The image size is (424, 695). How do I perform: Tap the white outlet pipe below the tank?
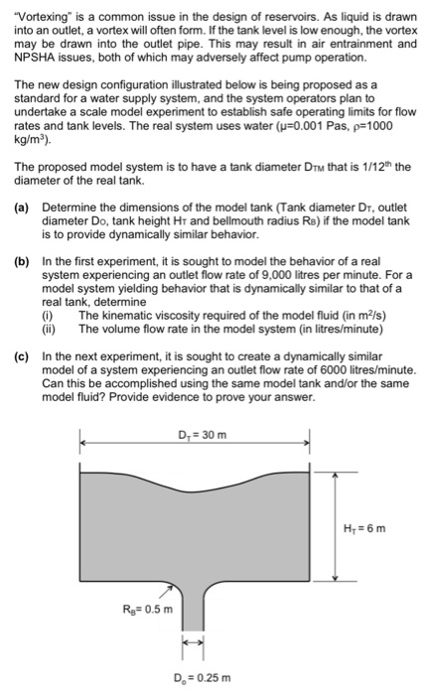pyautogui.click(x=192, y=616)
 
